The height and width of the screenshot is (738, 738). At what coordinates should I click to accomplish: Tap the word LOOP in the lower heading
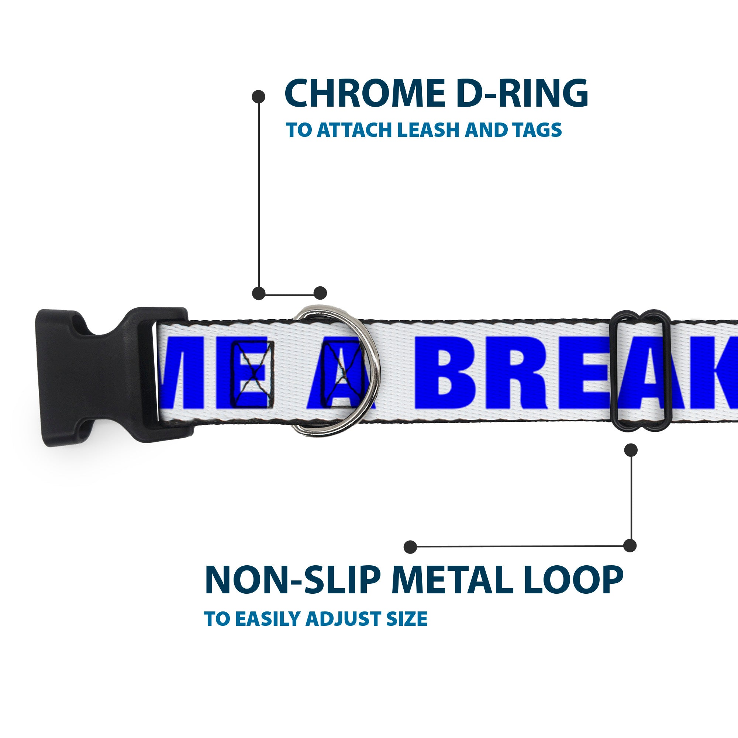pos(576,582)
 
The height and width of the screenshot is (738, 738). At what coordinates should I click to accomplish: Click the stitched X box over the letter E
pos(252,372)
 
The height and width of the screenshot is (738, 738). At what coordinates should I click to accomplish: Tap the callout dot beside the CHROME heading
pos(259,97)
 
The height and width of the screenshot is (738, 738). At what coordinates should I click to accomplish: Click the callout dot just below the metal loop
pos(631,449)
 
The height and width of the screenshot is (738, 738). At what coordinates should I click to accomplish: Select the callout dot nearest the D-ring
pos(320,293)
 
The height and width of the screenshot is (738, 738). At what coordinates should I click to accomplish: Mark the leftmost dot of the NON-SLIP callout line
pos(410,546)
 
